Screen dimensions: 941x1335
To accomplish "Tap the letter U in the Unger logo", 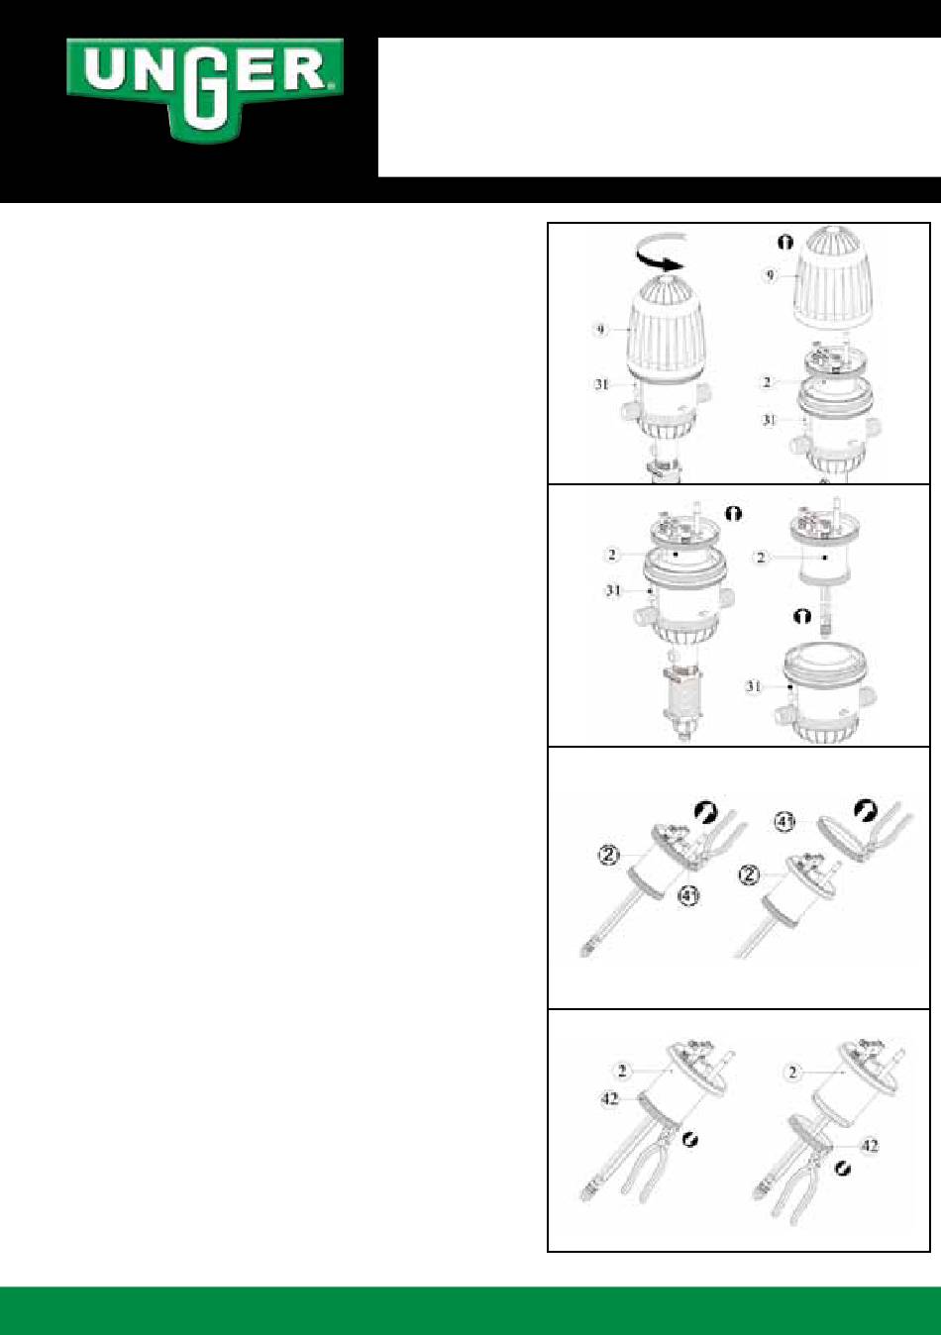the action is pos(104,72).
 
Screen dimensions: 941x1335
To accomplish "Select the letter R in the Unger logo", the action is pos(301,69).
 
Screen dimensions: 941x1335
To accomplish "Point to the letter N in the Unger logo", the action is pos(154,72).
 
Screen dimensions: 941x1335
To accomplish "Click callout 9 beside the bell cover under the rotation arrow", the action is pos(600,330).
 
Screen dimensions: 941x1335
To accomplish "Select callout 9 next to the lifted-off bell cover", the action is pos(770,275).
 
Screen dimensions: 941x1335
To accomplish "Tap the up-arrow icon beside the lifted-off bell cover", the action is pos(786,242).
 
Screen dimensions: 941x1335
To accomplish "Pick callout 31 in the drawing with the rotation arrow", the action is pos(601,385).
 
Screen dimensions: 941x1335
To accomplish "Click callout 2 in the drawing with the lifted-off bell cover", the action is pos(767,382).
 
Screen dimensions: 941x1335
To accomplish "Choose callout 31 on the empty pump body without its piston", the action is pos(754,686).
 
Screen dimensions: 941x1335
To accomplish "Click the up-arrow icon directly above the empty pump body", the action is pos(802,616).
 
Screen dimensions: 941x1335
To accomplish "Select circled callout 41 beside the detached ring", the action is pos(784,823).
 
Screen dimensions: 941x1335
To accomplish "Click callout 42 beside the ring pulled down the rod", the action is pos(870,1146).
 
